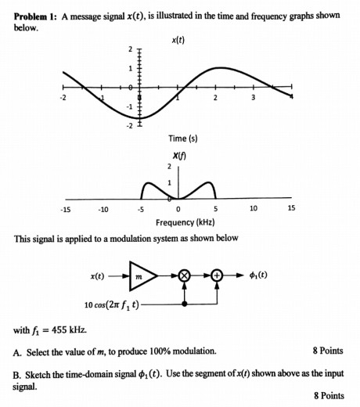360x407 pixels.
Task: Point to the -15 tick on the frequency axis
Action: click(67, 209)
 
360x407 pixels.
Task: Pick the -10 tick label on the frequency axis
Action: click(103, 209)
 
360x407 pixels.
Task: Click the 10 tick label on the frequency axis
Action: click(253, 209)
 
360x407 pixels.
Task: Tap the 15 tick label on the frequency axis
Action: click(291, 209)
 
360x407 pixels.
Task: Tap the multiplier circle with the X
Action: click(185, 276)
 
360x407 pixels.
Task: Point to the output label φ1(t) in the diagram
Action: click(259, 276)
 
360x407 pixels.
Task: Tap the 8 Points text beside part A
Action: click(328, 351)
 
